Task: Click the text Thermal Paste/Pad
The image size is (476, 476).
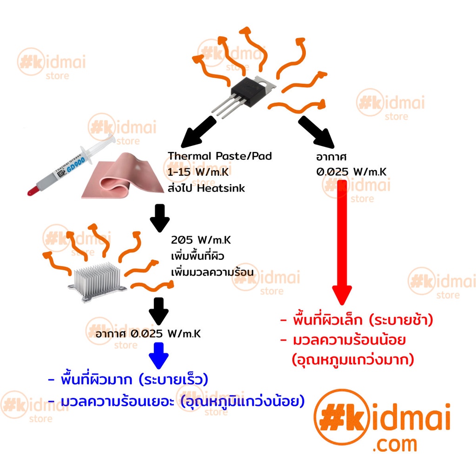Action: (219, 156)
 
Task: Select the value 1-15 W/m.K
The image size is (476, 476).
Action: (200, 172)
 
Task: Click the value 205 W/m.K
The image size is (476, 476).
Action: (200, 241)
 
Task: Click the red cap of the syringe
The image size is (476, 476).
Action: (32, 190)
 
